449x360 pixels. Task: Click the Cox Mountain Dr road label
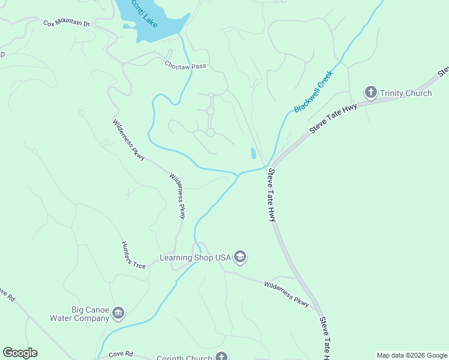66,23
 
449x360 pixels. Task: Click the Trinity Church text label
406,93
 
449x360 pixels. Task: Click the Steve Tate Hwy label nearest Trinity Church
333,118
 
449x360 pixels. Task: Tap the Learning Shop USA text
195,258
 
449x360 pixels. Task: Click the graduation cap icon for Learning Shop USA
240,257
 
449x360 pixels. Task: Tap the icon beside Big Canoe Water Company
118,313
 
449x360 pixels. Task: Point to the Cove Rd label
121,354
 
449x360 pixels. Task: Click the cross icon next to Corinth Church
222,357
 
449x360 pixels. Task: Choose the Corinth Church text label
185,358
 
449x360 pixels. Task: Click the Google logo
20,353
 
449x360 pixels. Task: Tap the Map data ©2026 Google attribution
412,355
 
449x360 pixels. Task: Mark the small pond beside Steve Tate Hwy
253,154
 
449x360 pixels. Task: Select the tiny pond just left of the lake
127,26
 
